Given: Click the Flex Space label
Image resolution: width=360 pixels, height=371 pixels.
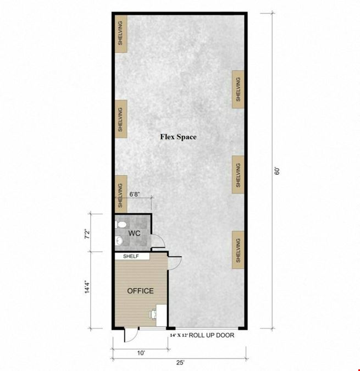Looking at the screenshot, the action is click(178, 137).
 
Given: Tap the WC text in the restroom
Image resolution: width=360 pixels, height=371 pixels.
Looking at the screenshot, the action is click(134, 234).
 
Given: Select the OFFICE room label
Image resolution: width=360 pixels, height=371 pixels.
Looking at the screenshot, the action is click(141, 291).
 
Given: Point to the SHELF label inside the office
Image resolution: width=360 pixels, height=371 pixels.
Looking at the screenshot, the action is click(131, 256).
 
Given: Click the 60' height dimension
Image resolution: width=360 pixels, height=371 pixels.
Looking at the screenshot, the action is click(277, 171).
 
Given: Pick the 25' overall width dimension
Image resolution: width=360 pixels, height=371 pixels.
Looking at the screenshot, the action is click(180, 363).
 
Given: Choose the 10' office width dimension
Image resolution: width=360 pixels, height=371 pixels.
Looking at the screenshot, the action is click(141, 353).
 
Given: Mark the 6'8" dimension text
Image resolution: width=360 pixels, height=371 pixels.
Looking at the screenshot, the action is click(135, 194).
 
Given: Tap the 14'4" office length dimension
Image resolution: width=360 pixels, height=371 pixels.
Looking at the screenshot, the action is click(87, 287).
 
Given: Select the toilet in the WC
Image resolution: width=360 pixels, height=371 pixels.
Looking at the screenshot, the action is click(121, 225).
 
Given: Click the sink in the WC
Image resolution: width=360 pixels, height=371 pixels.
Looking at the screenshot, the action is click(119, 241).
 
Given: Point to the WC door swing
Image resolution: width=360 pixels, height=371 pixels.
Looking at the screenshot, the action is click(158, 241).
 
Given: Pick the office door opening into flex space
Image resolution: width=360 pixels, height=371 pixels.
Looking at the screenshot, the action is click(175, 263).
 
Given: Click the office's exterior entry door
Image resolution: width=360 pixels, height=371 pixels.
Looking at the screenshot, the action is click(131, 335).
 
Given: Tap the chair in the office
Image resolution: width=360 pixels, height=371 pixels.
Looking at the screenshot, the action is click(153, 315).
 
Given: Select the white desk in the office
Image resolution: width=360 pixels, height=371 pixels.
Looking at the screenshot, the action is click(162, 315).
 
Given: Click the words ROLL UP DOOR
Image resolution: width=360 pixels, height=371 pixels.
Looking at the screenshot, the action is click(212, 335).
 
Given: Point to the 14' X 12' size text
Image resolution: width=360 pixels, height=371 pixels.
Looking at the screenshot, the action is click(179, 335).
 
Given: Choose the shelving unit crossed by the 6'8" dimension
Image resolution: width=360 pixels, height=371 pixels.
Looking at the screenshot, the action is click(121, 194).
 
